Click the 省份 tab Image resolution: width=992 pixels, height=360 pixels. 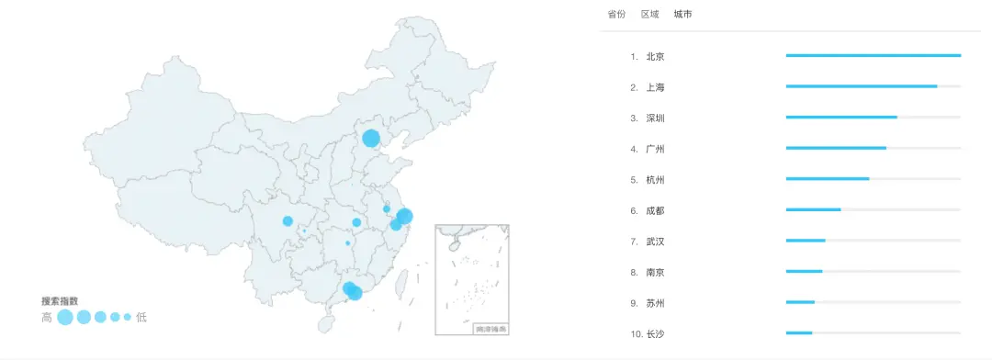tap(616, 15)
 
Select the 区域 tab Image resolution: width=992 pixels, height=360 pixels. tap(649, 15)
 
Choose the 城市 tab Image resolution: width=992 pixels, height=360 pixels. tap(682, 15)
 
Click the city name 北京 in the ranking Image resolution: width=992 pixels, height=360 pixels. tap(655, 57)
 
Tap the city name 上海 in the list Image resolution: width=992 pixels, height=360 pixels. tap(655, 87)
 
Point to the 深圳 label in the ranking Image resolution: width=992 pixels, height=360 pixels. tap(655, 118)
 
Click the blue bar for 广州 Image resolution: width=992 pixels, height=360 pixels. tap(836, 148)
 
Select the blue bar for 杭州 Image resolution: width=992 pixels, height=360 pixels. tap(828, 179)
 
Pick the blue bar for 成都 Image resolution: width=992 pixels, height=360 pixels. tap(813, 210)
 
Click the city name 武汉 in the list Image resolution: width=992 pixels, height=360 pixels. tap(655, 242)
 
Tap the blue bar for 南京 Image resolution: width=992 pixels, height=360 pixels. tap(804, 272)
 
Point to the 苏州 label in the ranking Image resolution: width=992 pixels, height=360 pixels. tap(655, 303)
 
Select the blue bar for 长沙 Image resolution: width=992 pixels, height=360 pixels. tap(799, 333)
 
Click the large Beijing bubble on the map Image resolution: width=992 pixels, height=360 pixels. tap(371, 139)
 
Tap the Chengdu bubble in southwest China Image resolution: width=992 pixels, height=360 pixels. tap(287, 221)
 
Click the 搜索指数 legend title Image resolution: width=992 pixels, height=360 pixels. tap(60, 301)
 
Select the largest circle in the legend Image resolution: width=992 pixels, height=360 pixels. tap(65, 318)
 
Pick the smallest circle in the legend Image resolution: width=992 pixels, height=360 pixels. tap(128, 318)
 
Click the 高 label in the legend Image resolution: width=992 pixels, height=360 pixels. tap(47, 318)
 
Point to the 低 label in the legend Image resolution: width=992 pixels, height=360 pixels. tap(141, 318)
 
